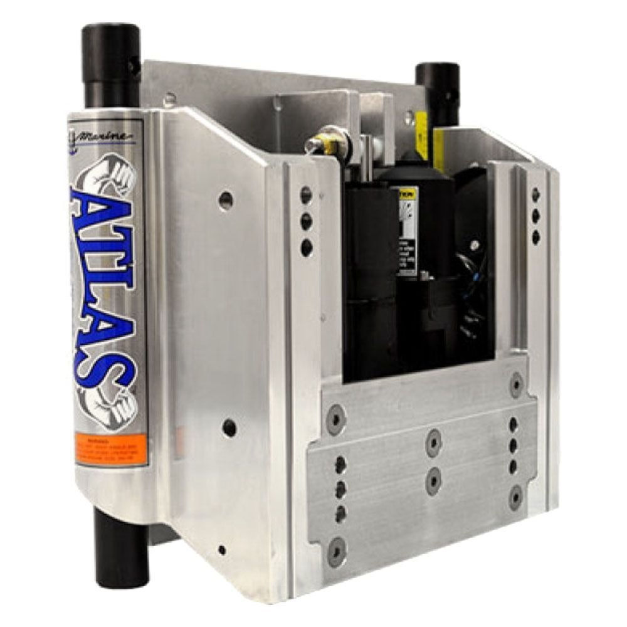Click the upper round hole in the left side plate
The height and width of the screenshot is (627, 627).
coord(226,200)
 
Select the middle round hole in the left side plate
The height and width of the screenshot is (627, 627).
coord(229,428)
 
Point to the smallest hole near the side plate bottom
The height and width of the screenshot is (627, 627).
coord(222,550)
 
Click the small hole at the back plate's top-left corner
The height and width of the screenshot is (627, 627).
coord(169,98)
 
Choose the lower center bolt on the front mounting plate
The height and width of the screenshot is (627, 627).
coord(433,480)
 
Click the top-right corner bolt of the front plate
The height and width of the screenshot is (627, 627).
coord(516,382)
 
